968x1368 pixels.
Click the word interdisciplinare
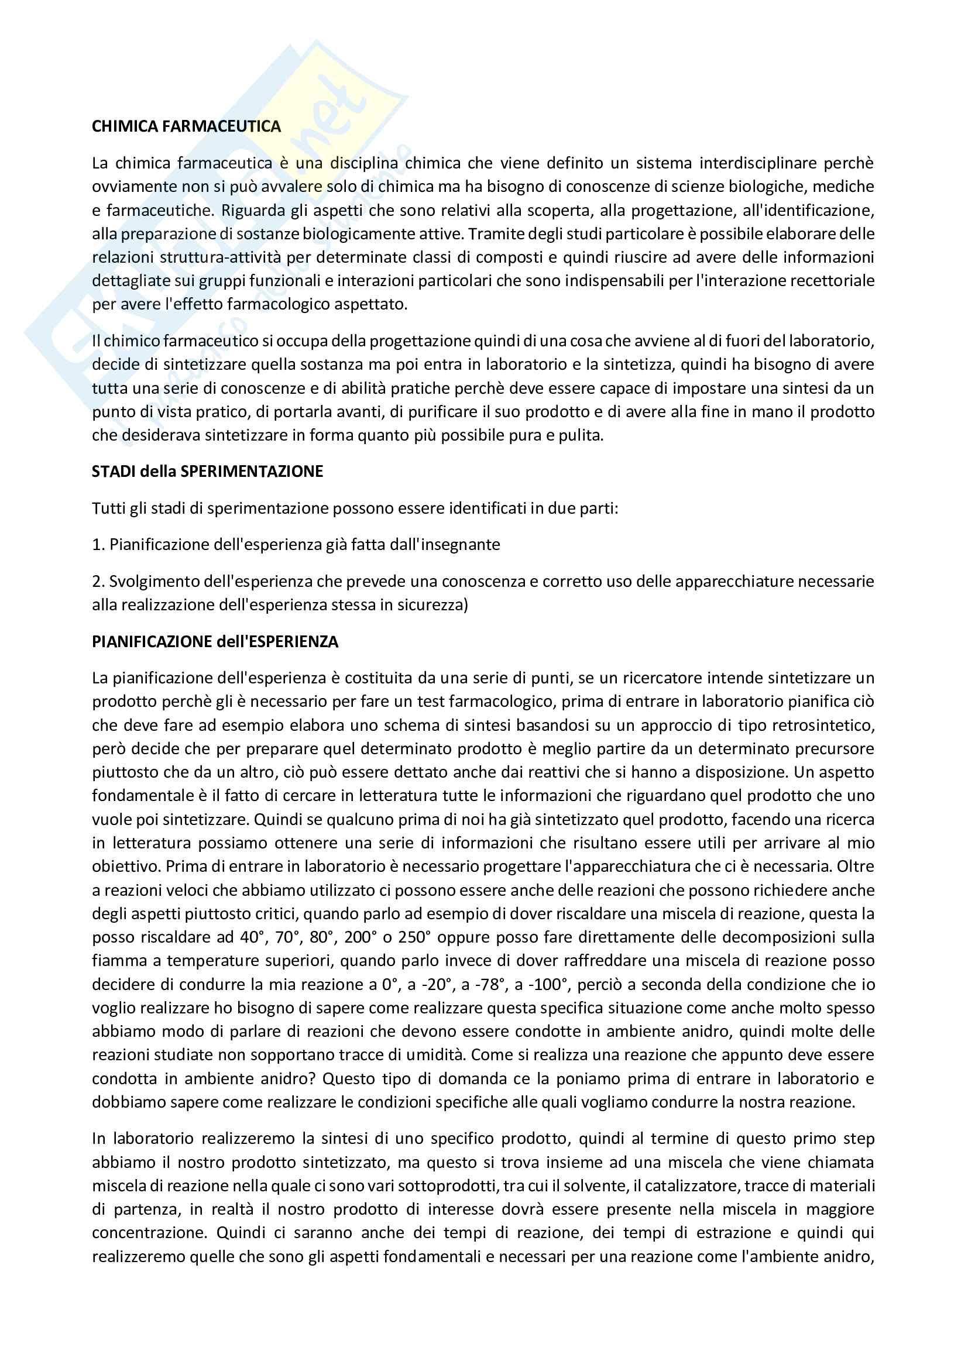click(x=756, y=163)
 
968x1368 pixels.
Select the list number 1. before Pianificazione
click(x=98, y=545)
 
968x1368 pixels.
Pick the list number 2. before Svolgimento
click(x=98, y=582)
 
